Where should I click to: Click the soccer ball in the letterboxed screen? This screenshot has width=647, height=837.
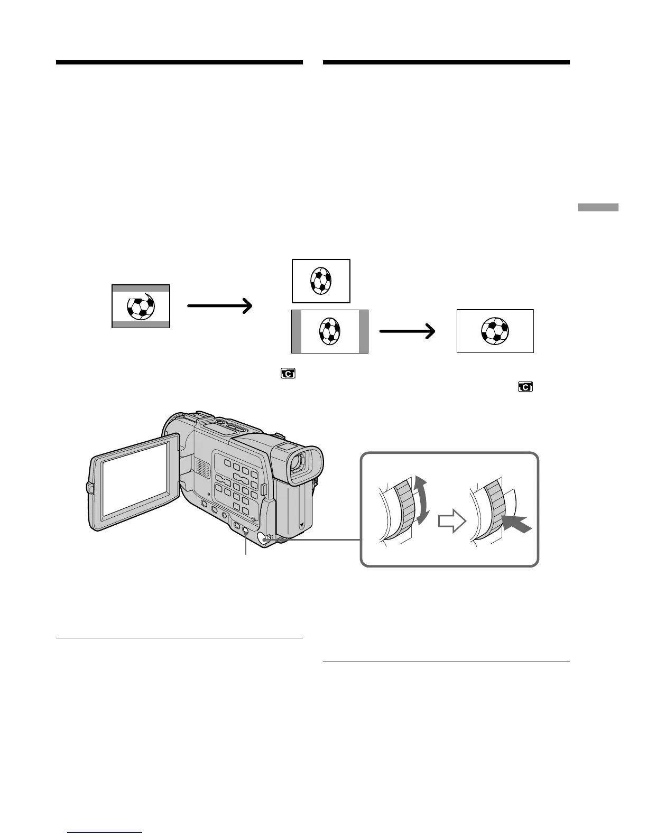(141, 306)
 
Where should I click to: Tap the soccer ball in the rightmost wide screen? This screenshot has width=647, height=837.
(495, 331)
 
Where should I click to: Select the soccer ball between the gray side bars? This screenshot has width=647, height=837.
(330, 331)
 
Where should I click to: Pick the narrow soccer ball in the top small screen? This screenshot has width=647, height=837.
(320, 280)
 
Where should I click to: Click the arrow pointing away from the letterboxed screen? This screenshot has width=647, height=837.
(219, 305)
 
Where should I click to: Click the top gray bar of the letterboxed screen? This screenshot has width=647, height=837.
(141, 289)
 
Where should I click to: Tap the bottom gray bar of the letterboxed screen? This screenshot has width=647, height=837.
(141, 323)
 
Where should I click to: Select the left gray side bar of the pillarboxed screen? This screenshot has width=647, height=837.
(297, 331)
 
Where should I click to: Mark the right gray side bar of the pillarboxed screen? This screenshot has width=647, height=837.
(363, 331)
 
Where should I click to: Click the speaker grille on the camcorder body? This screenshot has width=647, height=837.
(201, 466)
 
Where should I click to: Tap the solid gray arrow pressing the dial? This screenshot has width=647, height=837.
(516, 524)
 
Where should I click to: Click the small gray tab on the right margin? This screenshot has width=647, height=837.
(597, 207)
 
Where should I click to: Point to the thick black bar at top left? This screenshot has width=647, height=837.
(179, 62)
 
